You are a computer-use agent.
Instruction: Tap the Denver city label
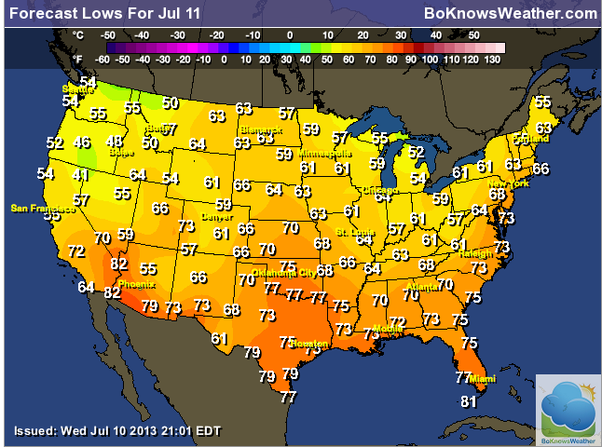[216, 216]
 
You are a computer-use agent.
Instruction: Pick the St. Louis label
[353, 231]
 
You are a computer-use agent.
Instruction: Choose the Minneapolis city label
[325, 153]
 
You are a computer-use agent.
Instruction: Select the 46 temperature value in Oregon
[82, 142]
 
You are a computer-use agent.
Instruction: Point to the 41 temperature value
[81, 175]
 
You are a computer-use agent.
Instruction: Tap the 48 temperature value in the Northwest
[114, 142]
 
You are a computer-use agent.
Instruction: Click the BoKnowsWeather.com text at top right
[509, 13]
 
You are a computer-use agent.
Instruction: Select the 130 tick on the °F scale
[494, 58]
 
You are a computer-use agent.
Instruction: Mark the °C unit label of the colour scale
[78, 34]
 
